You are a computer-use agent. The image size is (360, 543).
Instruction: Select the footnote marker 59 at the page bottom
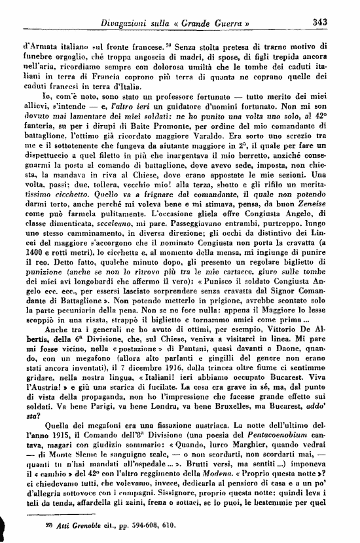pos(27,525)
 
